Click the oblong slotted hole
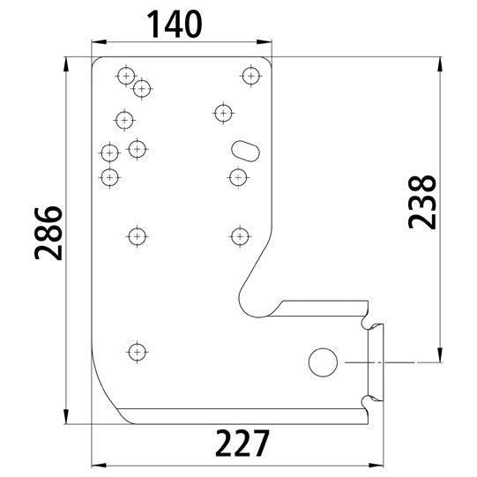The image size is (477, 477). tap(244, 147)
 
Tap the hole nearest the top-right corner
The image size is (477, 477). tap(252, 77)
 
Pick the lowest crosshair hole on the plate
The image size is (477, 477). tap(136, 352)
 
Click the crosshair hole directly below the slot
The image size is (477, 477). tap(236, 177)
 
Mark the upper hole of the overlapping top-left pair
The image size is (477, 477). tap(126, 78)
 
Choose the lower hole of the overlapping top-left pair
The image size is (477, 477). tap(141, 88)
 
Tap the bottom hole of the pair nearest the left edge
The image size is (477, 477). tap(109, 177)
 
